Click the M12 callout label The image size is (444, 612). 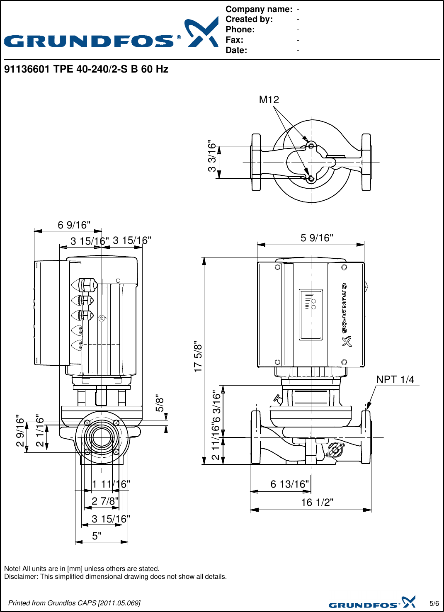click(269, 100)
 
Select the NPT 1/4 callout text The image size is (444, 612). click(395, 379)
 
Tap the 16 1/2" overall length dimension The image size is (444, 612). click(317, 503)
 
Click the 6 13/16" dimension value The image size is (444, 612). click(290, 484)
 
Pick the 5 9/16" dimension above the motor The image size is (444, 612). click(317, 238)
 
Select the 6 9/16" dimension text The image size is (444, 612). click(74, 225)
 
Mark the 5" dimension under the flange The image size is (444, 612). click(97, 536)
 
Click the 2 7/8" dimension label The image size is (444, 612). click(105, 501)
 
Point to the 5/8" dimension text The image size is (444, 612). click(160, 403)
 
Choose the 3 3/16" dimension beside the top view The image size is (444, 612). click(212, 156)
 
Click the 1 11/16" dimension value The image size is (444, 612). click(111, 484)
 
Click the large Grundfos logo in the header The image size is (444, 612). click(111, 33)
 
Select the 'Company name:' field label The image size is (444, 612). click(259, 9)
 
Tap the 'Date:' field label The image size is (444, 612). click(236, 50)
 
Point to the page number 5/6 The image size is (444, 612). click(434, 603)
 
